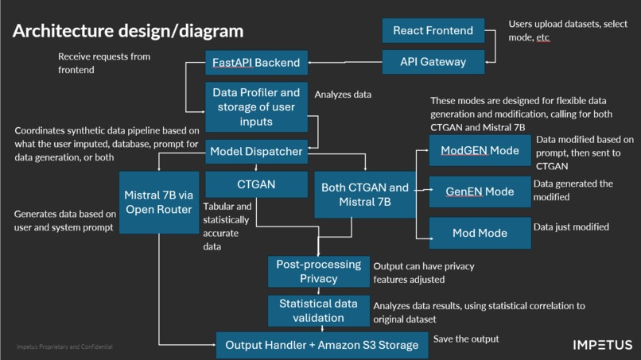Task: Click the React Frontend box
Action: point(433,31)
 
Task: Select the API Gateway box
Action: point(433,61)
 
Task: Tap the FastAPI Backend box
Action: point(256,62)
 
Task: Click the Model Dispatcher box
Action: point(256,151)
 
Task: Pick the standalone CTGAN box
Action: point(256,185)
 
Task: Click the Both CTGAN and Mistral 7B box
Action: point(365,194)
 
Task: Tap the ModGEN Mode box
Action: point(480,151)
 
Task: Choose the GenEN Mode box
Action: point(480,192)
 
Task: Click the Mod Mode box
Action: point(480,233)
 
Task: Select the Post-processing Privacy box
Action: point(318,271)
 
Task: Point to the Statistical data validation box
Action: point(318,311)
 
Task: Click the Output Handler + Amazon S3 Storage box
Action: point(321,345)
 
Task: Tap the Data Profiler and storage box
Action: point(256,107)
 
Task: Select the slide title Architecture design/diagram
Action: point(128,32)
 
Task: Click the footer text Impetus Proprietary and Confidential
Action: point(64,347)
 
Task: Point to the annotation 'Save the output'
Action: point(466,339)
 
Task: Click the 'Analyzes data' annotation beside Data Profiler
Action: point(343,95)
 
